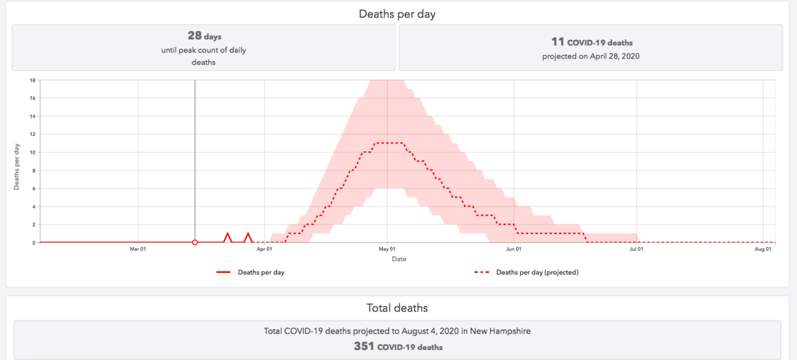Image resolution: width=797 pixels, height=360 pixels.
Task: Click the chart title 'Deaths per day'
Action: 397,14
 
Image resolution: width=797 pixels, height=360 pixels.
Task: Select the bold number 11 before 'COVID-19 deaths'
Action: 557,42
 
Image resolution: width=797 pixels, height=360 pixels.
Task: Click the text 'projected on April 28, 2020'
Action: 590,56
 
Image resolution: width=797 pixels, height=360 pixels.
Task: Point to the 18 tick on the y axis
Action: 32,80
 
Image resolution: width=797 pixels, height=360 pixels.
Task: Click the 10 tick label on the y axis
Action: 32,153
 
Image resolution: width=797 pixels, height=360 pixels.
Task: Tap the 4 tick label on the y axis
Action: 33,207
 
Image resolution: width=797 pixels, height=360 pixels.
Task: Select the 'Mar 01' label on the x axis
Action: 138,250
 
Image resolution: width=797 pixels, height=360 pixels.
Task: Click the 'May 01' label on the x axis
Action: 387,250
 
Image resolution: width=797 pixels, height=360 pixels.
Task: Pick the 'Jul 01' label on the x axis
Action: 636,250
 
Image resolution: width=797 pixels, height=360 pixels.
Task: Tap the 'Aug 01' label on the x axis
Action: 763,250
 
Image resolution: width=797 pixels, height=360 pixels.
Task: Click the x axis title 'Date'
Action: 399,259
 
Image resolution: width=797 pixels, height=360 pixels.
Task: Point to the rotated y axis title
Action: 17,167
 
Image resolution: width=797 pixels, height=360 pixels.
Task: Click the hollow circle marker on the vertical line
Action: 195,242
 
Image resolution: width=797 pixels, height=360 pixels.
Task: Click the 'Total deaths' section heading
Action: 397,308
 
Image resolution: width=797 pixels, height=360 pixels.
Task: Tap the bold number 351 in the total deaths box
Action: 364,346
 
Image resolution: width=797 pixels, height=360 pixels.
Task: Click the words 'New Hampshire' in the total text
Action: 500,331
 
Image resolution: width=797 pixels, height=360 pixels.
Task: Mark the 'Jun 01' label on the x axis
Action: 514,250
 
